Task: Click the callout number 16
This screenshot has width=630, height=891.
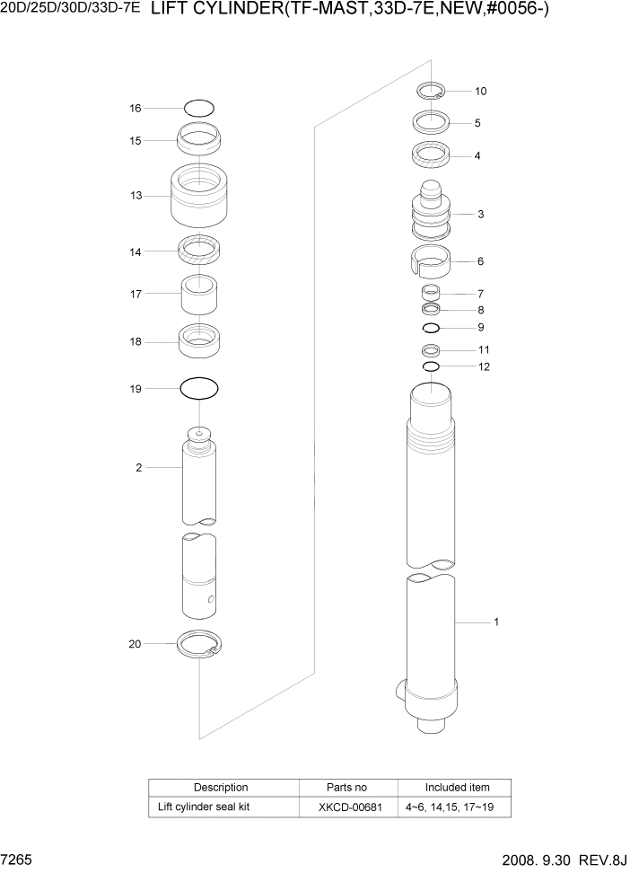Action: click(x=136, y=109)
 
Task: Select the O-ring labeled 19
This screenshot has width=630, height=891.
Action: click(x=199, y=389)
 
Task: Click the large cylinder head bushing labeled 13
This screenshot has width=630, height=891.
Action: click(x=199, y=197)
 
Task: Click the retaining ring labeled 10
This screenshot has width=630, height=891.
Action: click(x=431, y=91)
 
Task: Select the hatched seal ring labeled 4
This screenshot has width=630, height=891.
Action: click(x=431, y=154)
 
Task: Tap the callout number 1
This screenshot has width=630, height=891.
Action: click(x=496, y=622)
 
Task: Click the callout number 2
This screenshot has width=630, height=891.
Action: click(x=139, y=467)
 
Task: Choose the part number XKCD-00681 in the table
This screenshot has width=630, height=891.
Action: click(x=349, y=807)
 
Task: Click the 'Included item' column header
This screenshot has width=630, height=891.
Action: click(x=457, y=788)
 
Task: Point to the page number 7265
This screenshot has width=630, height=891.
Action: click(x=18, y=860)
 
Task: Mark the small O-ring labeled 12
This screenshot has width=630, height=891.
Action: click(x=431, y=366)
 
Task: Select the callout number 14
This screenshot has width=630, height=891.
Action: click(x=136, y=252)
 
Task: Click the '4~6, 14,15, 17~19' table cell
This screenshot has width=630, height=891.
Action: click(x=457, y=807)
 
